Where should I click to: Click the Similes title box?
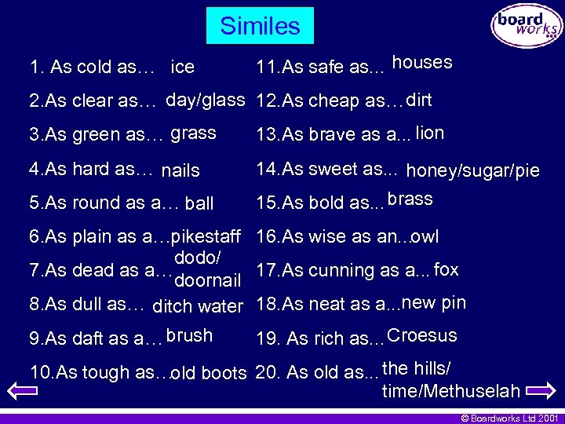click(260, 26)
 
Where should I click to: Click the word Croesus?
click(422, 336)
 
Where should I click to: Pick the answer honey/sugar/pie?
click(472, 170)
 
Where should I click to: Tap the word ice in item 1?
click(182, 67)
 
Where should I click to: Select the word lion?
click(430, 133)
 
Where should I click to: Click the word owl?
click(425, 236)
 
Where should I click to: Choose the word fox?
click(446, 269)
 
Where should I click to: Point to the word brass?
click(410, 199)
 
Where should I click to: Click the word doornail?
click(207, 281)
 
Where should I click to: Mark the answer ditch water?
click(197, 306)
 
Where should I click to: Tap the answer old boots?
click(210, 374)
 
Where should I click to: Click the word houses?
click(422, 63)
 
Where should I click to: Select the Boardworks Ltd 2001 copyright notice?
click(509, 419)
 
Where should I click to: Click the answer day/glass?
click(206, 100)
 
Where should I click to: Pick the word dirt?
click(419, 100)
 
